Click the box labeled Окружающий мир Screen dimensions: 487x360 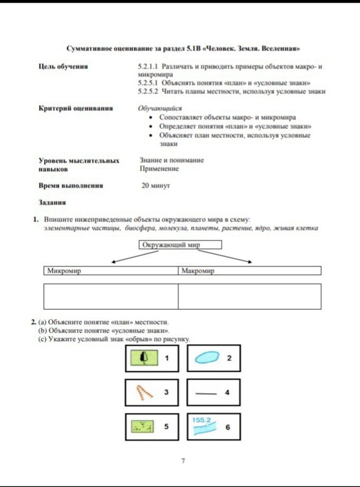(180, 245)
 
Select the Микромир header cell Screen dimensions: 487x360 (110, 271)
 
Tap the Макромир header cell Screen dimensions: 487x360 (249, 271)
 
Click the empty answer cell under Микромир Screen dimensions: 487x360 (110, 296)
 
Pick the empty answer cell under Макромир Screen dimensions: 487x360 (249, 296)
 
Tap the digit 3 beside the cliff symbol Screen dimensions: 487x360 (166, 392)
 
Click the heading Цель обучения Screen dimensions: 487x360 (63, 67)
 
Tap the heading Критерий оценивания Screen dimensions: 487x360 (76, 108)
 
